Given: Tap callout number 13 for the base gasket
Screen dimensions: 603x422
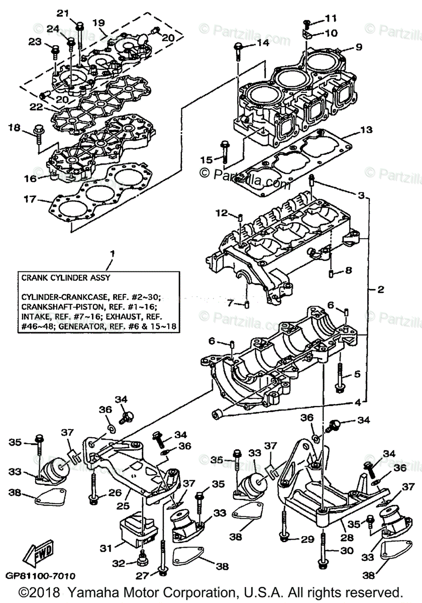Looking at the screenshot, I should (366, 131).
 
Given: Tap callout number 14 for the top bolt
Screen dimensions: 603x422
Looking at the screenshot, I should (262, 43).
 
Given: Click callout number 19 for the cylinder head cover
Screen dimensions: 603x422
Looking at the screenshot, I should (98, 23).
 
